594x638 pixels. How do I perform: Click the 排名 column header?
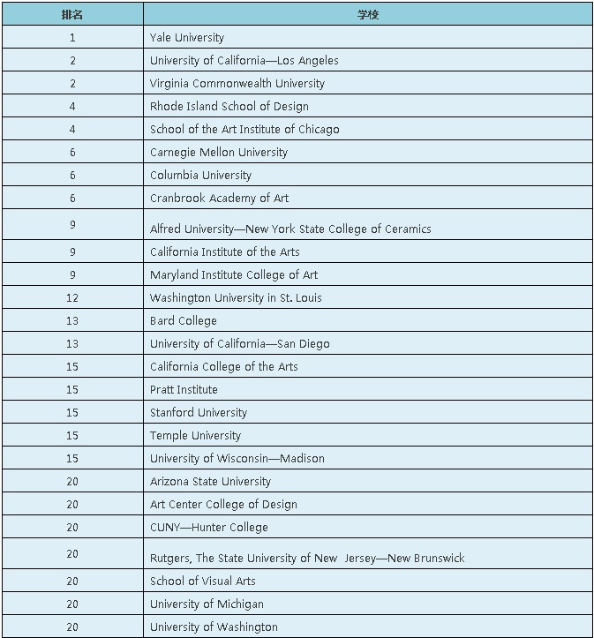point(72,15)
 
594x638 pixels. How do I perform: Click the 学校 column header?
point(368,15)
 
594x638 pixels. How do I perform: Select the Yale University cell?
point(187,38)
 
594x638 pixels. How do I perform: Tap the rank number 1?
point(72,38)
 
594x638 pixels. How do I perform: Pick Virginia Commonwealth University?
point(237,84)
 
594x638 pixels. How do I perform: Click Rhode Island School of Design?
point(229,107)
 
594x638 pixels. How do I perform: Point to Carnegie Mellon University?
point(218,153)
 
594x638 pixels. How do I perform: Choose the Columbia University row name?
point(200,176)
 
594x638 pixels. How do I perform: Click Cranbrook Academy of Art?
point(219,199)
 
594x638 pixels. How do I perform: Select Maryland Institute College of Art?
point(234,275)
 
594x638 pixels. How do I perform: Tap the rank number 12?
point(72,298)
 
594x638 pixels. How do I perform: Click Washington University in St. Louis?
point(236,298)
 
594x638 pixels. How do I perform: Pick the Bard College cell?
point(183,321)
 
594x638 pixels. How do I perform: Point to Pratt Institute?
point(184,390)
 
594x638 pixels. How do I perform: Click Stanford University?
point(199,413)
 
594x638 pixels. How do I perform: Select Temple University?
point(195,436)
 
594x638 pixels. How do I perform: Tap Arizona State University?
point(210,482)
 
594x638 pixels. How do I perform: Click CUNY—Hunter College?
point(208,528)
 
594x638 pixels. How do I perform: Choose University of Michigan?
point(207,604)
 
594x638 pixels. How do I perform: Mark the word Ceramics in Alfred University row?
point(405,229)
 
